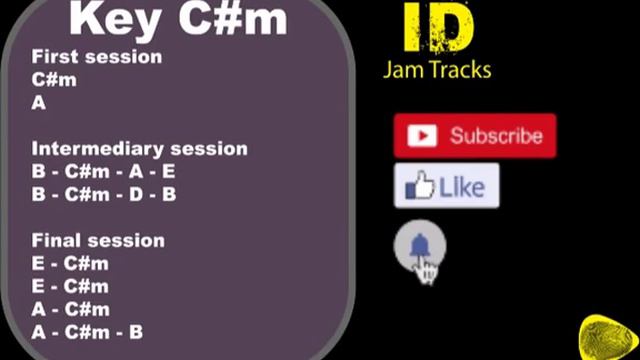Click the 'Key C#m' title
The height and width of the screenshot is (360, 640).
pos(178,19)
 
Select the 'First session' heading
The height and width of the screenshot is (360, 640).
pos(96,57)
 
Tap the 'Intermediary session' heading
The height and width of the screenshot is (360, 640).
pos(139,149)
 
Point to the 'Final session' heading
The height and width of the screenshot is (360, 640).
pos(98,241)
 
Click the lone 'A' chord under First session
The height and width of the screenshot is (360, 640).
pos(39,102)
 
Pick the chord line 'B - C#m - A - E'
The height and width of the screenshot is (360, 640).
pos(103,172)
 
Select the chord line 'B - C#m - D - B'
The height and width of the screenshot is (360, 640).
pos(103,194)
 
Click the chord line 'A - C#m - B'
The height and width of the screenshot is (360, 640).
pos(87,332)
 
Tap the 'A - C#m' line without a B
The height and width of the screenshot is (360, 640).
pos(70,309)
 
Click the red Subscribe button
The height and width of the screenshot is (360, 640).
pos(474,136)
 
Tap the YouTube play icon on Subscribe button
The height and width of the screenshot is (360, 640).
pos(422,136)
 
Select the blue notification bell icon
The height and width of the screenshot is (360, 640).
pos(420,246)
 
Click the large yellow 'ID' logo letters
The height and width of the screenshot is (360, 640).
pos(437,30)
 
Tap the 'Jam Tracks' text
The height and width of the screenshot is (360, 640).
pos(437,70)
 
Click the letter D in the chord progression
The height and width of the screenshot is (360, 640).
pos(136,194)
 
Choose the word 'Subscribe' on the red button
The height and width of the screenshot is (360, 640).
pos(496,136)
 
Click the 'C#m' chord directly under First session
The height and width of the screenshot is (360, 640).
pos(54,80)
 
